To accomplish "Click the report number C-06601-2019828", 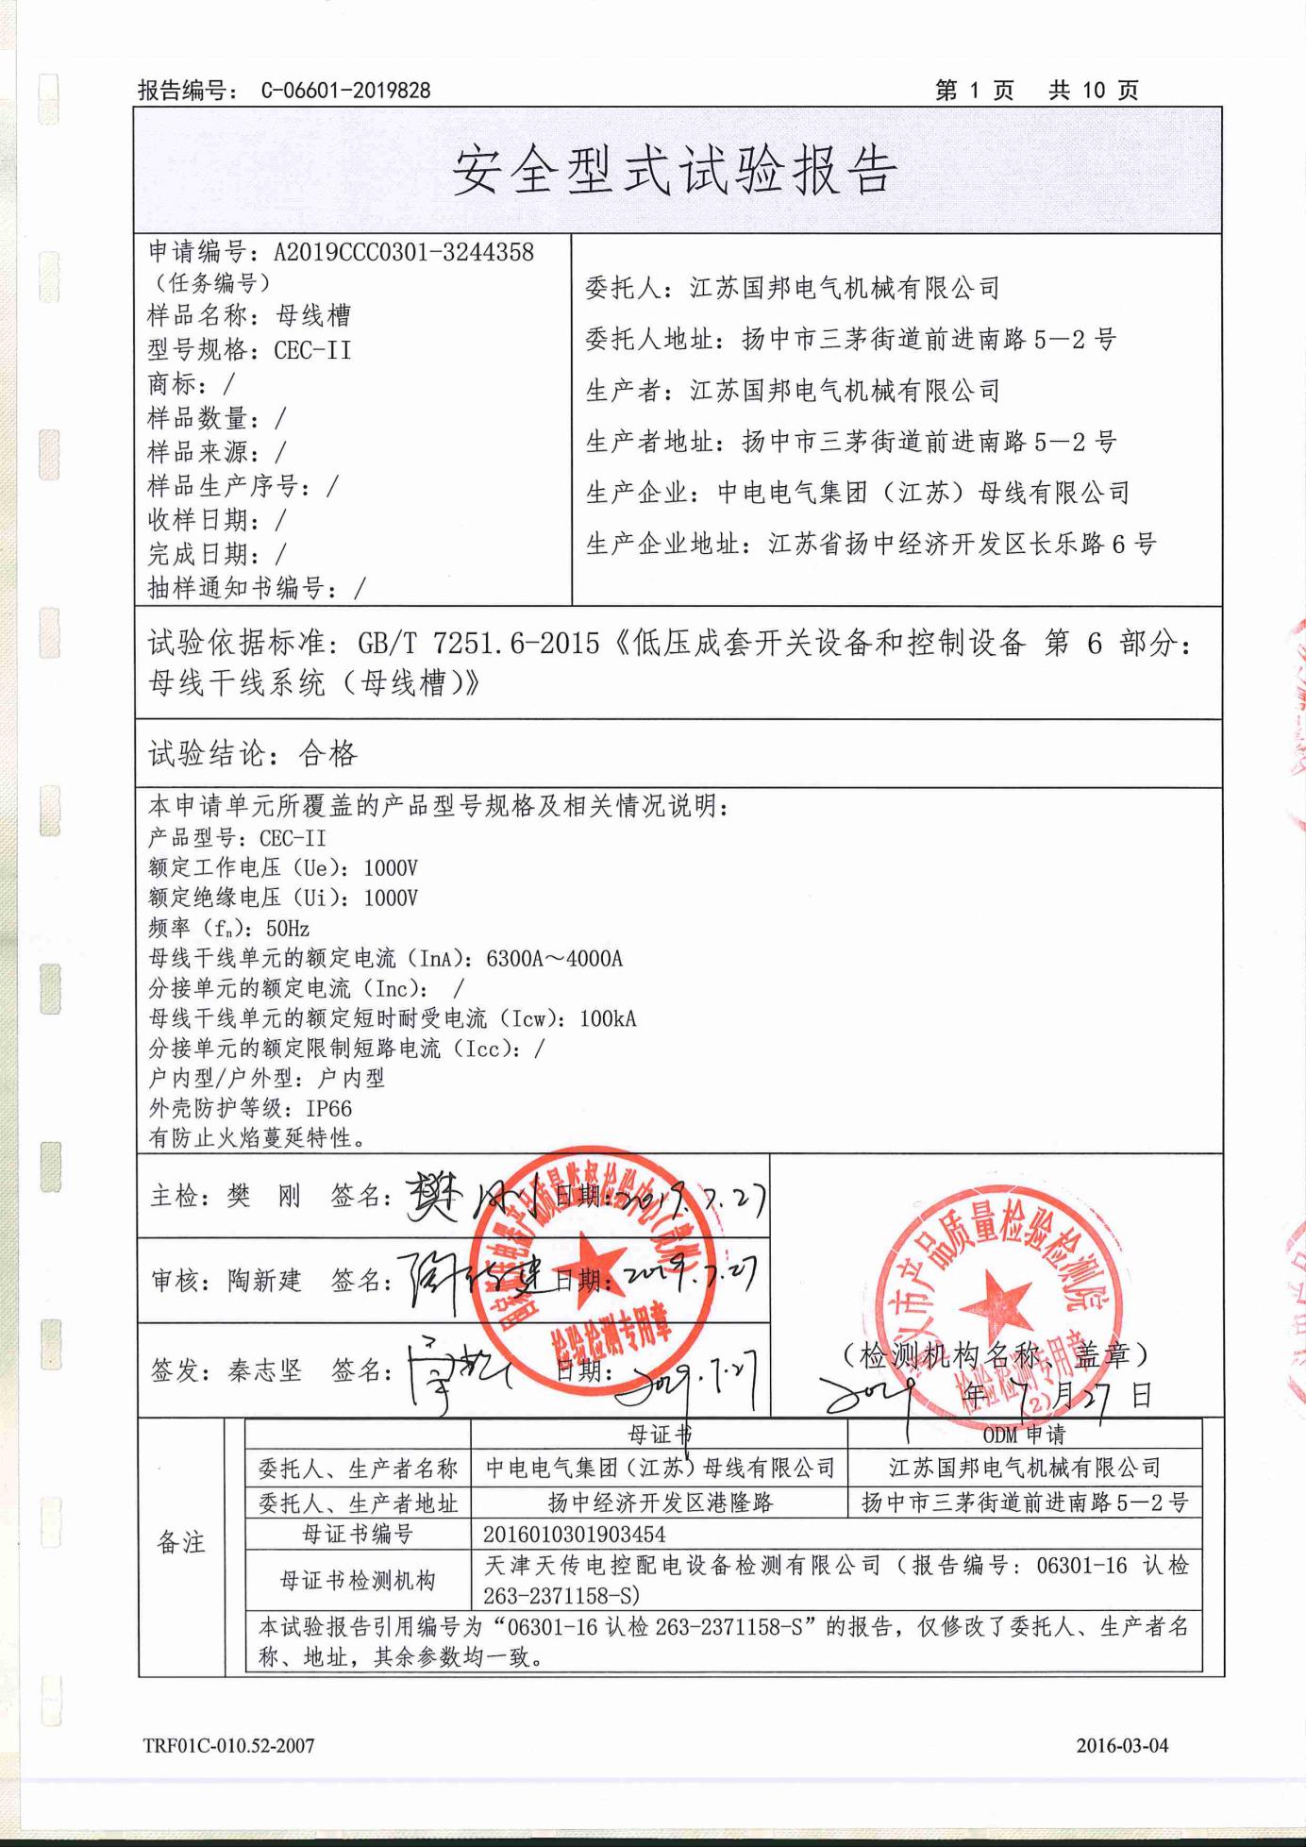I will pyautogui.click(x=344, y=91).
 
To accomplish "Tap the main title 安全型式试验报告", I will pyautogui.click(x=676, y=173).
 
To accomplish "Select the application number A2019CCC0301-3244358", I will pyautogui.click(x=403, y=252).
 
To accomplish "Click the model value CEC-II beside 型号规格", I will pyautogui.click(x=312, y=350).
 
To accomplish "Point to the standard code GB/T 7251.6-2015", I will pyautogui.click(x=478, y=644).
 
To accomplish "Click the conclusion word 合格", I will pyautogui.click(x=328, y=753).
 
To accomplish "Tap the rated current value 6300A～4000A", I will pyautogui.click(x=554, y=959).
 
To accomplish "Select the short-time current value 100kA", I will pyautogui.click(x=608, y=1018).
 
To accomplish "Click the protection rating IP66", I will pyautogui.click(x=328, y=1108).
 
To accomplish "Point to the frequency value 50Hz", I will pyautogui.click(x=288, y=928).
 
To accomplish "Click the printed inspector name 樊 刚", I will pyautogui.click(x=263, y=1197).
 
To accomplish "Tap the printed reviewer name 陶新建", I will pyautogui.click(x=264, y=1281).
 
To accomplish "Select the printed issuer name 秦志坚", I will pyautogui.click(x=264, y=1370).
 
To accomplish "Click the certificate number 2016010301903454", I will pyautogui.click(x=574, y=1535).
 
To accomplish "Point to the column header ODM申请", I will pyautogui.click(x=1024, y=1435).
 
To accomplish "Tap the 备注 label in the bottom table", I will pyautogui.click(x=181, y=1542).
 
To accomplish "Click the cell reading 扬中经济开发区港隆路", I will pyautogui.click(x=660, y=1502).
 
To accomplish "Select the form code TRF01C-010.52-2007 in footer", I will pyautogui.click(x=228, y=1745).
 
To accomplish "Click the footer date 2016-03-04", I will pyautogui.click(x=1122, y=1745).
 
